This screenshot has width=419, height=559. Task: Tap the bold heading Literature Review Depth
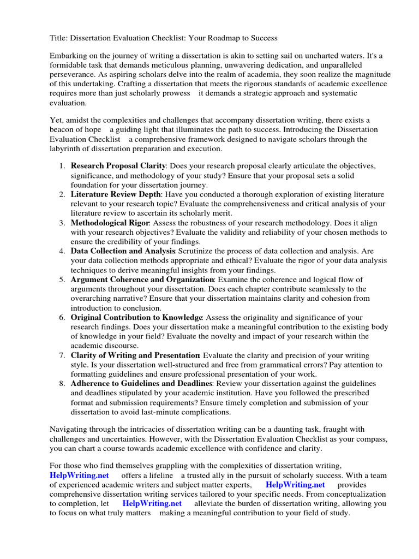point(116,194)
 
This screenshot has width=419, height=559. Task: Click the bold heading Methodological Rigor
point(110,223)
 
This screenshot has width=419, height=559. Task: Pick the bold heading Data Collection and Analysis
point(123,251)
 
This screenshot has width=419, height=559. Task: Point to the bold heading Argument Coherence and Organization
point(142,279)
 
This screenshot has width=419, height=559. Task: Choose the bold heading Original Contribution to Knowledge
point(136,317)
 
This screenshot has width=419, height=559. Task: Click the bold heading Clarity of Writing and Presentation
point(135,355)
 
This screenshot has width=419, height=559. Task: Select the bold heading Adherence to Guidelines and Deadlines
point(142,384)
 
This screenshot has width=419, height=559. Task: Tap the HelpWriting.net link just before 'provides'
point(295,485)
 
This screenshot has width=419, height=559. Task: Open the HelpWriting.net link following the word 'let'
point(152,503)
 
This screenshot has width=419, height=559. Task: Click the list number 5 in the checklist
point(63,279)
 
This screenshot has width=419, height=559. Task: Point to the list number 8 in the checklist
point(63,384)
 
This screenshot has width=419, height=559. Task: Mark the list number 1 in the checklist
point(63,165)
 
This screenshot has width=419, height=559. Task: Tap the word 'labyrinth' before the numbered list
point(67,148)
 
